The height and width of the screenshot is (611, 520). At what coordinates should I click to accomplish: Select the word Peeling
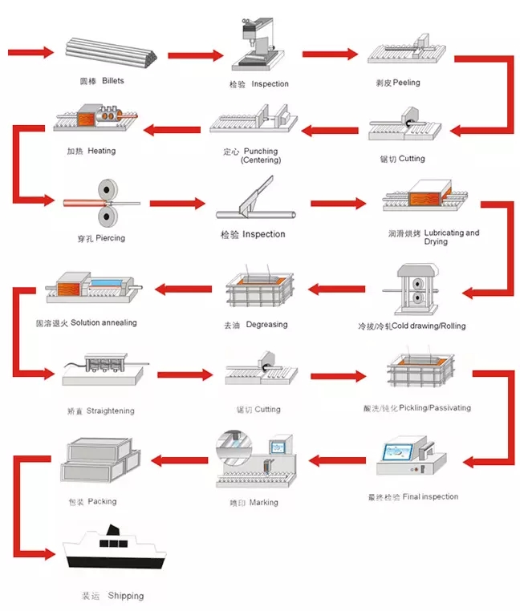click(x=405, y=83)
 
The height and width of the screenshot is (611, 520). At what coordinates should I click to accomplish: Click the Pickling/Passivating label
click(x=416, y=408)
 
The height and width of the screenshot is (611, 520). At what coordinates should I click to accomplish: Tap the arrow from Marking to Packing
click(x=181, y=459)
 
